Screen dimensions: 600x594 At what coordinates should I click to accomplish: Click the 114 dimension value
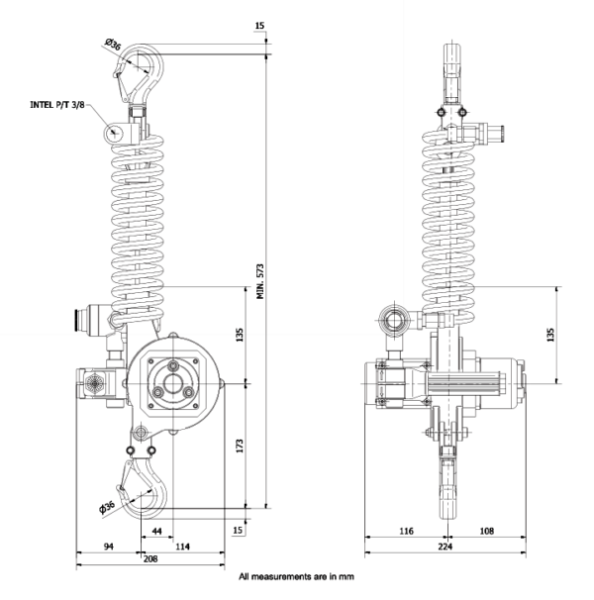(182, 547)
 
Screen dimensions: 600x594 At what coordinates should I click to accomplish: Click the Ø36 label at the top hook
(113, 45)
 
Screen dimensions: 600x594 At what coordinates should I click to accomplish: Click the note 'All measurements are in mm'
(296, 575)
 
